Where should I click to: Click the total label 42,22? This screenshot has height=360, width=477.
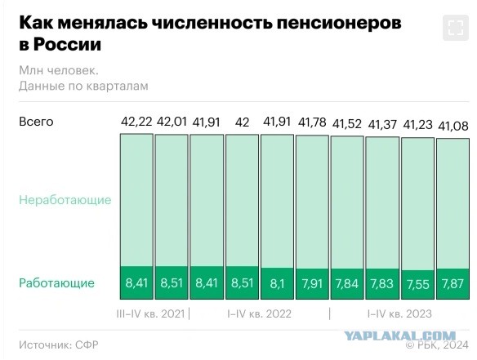point(136,122)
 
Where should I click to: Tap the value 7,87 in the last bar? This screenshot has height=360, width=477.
point(452,283)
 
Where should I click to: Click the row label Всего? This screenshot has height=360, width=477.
point(36,122)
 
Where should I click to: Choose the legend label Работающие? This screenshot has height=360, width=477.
point(56,283)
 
